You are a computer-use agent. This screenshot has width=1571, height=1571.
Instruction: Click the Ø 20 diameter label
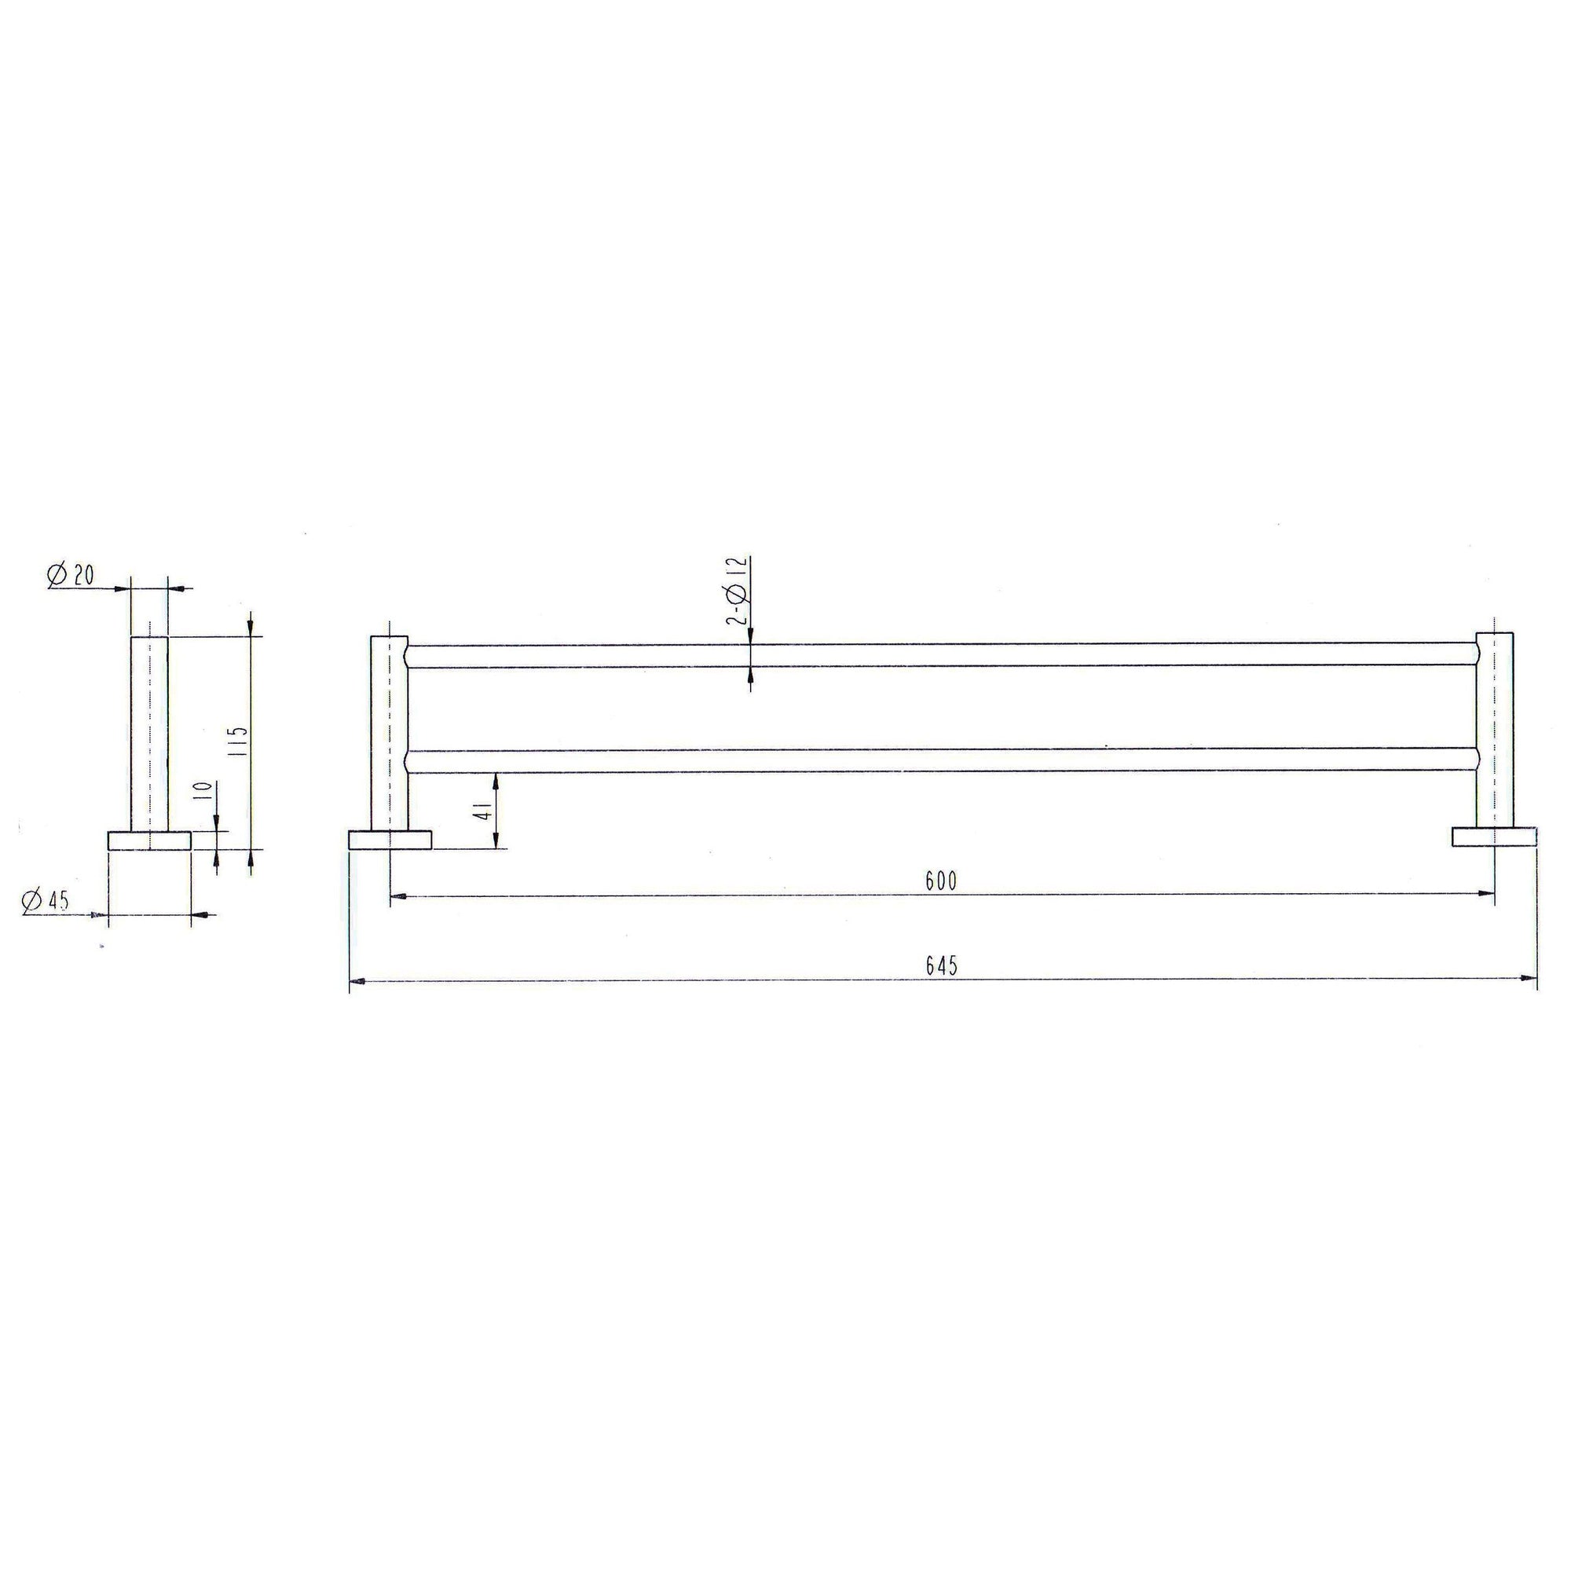pyautogui.click(x=71, y=576)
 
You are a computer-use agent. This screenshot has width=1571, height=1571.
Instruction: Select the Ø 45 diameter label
pyautogui.click(x=47, y=901)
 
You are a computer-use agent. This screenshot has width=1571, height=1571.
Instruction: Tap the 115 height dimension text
pyautogui.click(x=238, y=741)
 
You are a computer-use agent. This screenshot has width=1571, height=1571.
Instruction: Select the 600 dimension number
pyautogui.click(x=942, y=881)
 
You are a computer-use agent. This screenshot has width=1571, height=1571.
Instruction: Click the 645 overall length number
pyautogui.click(x=942, y=965)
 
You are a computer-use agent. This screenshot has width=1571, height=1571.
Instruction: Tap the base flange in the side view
pyautogui.click(x=149, y=840)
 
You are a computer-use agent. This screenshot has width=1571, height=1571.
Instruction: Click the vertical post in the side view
pyautogui.click(x=149, y=732)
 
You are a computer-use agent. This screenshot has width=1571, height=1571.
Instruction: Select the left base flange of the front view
pyautogui.click(x=390, y=839)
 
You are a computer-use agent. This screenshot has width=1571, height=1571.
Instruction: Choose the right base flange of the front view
pyautogui.click(x=1495, y=836)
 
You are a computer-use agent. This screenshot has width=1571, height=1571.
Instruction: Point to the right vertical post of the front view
pyautogui.click(x=1495, y=728)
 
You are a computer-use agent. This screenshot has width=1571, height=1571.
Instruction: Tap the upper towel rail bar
pyautogui.click(x=942, y=654)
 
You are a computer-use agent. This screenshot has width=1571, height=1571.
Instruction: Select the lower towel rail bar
pyautogui.click(x=942, y=760)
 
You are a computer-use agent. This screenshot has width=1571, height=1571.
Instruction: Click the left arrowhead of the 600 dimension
pyautogui.click(x=397, y=896)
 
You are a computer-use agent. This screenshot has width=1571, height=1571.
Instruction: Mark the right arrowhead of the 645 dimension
pyautogui.click(x=1530, y=977)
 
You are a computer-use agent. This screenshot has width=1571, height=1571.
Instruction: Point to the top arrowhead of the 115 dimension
pyautogui.click(x=251, y=628)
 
